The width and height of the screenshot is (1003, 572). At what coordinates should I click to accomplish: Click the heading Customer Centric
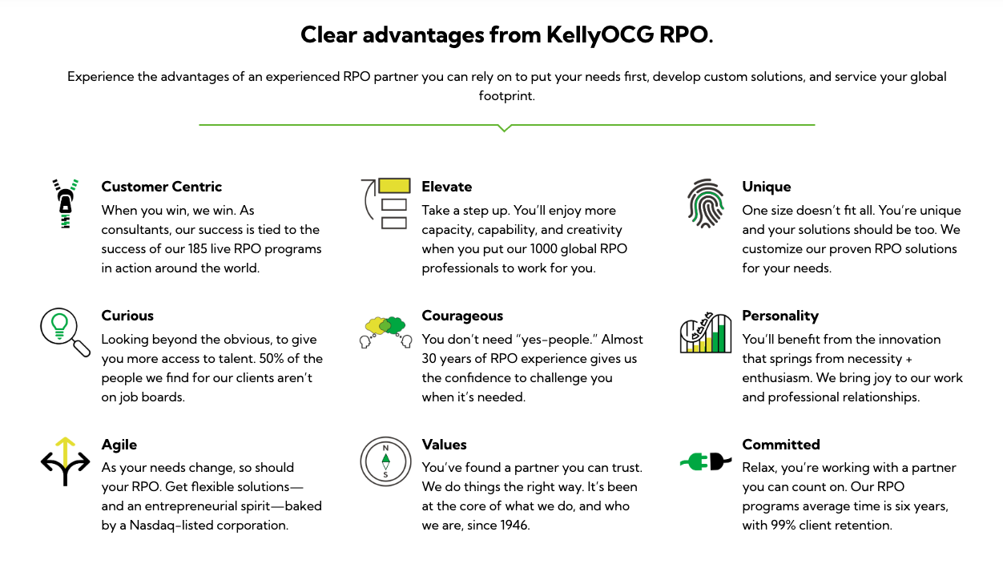point(161,187)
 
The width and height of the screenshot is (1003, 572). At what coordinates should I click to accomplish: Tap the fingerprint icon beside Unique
point(706,203)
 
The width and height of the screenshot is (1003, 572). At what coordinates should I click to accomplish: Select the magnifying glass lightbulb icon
point(64,332)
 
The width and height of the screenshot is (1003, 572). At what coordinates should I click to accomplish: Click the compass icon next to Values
point(385,461)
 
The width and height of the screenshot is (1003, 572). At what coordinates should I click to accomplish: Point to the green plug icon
point(694,461)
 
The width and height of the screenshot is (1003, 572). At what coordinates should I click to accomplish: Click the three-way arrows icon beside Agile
point(66,461)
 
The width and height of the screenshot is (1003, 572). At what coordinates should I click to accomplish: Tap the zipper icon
point(66,203)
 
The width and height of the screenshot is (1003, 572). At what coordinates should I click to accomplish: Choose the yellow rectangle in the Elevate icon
point(394,186)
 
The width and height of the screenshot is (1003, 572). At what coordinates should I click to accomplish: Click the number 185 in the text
point(197,248)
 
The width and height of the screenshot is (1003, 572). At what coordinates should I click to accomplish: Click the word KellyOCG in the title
point(600,35)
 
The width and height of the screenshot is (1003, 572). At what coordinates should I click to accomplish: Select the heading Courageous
point(462,316)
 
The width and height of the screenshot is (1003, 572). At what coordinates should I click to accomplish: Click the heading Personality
point(780,316)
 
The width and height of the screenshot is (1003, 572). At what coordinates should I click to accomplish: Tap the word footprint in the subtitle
point(506,96)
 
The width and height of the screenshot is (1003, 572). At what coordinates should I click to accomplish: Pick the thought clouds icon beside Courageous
point(385,332)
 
